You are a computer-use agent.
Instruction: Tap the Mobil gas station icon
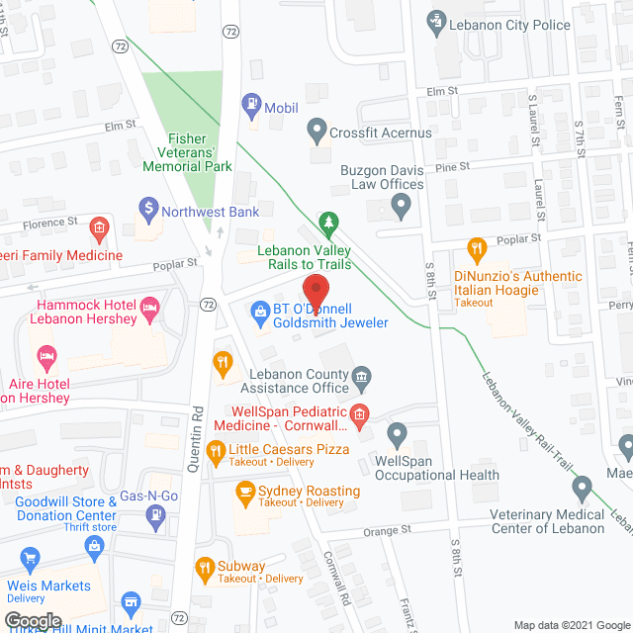coord(252,102)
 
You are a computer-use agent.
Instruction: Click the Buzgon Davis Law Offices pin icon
coord(401,207)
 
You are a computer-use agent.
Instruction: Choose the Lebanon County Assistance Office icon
coord(362,375)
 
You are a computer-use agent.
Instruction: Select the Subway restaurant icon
coord(205,567)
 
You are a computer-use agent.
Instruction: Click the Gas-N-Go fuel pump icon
coord(154,514)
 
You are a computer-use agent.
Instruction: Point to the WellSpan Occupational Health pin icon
coord(398,432)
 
